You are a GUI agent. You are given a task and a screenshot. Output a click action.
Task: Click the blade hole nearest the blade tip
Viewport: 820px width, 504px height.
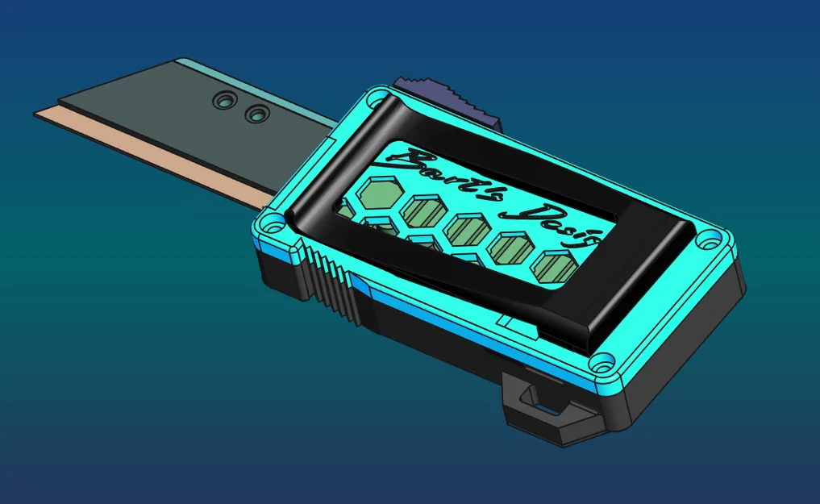pyautogui.click(x=222, y=101)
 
